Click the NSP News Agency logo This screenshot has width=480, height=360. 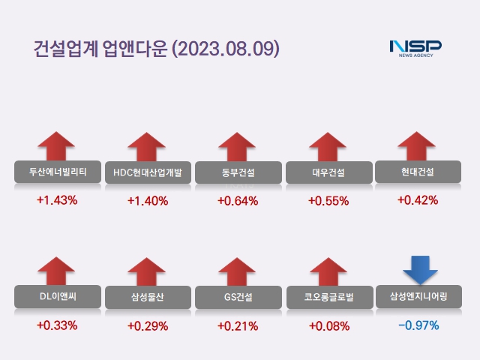415,47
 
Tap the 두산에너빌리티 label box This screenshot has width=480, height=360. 57,172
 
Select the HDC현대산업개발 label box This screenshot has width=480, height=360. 148,172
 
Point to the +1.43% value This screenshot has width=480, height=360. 57,200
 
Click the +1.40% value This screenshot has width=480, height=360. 148,200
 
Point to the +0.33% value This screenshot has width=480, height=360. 57,325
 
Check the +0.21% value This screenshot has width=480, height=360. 238,325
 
